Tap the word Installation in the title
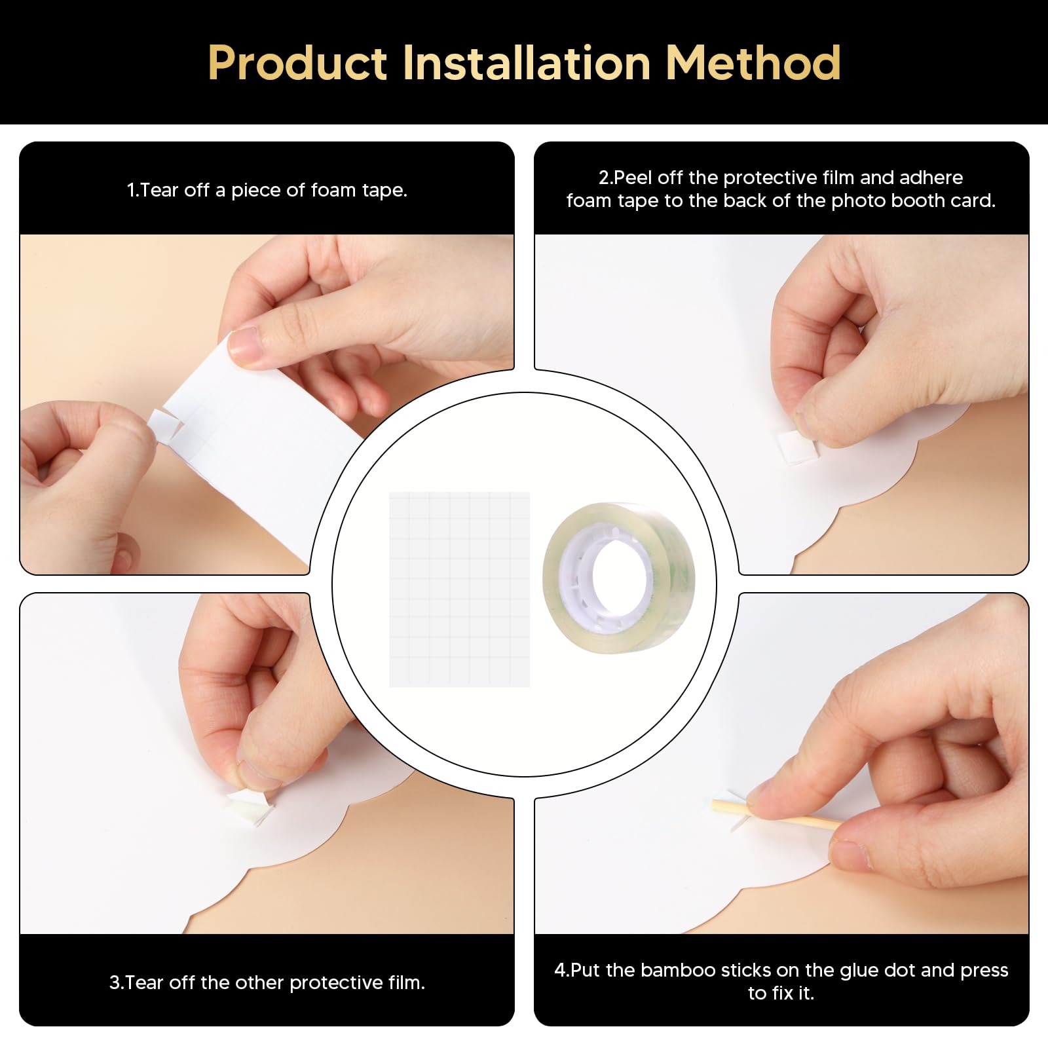527,63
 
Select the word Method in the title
753,63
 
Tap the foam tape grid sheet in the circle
459,589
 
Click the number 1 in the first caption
131,190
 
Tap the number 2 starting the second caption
604,178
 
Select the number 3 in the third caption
115,982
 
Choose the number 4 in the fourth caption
559,970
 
